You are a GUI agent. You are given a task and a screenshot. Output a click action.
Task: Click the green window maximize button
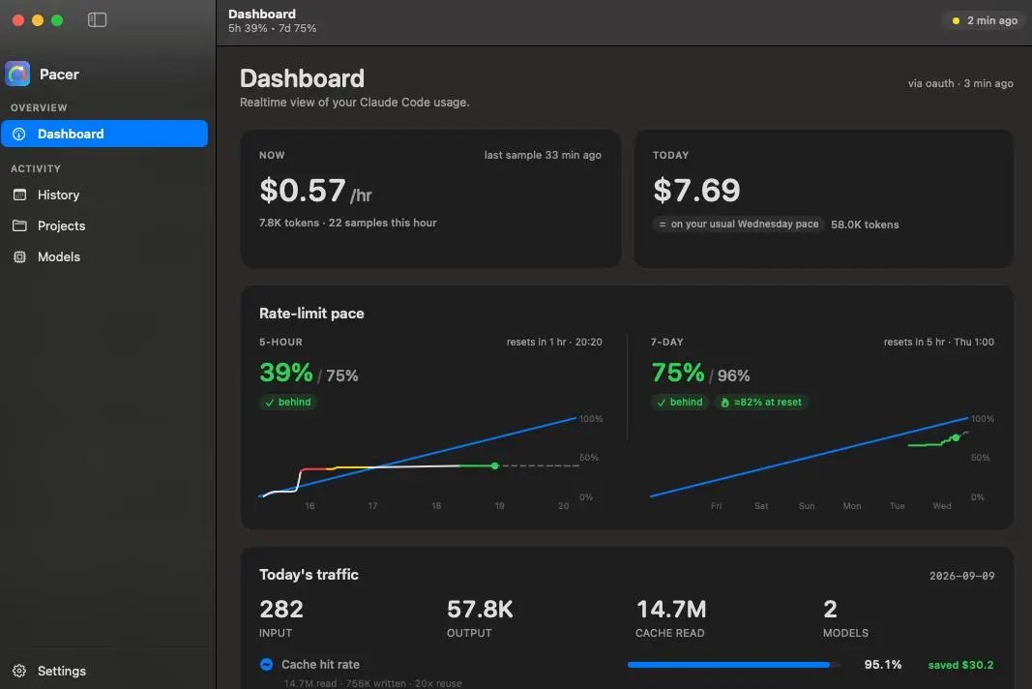(57, 20)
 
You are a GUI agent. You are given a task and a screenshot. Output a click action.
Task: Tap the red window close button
(18, 20)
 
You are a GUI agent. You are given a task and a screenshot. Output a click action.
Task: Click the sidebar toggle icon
(97, 20)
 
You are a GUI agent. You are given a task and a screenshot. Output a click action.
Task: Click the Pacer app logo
(17, 74)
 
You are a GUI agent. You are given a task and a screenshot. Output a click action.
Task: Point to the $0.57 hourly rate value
(302, 191)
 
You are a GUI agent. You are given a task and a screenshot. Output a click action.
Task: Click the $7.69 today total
(696, 191)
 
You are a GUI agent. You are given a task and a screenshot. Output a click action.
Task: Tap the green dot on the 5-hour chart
(495, 465)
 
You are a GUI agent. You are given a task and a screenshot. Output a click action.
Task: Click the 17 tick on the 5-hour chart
(372, 506)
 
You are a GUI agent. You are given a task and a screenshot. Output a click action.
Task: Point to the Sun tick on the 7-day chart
(807, 506)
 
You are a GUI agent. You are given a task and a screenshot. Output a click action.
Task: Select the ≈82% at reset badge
(761, 402)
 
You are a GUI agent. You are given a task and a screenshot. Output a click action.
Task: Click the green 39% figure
(285, 373)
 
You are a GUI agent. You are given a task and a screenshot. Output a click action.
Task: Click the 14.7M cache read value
(670, 610)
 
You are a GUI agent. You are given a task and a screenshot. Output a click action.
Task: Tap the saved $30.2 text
(961, 665)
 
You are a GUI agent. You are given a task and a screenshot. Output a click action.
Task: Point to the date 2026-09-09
(961, 577)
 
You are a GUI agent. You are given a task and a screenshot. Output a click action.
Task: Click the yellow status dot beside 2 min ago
(956, 21)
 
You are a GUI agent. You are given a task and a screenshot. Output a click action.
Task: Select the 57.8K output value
(480, 610)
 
